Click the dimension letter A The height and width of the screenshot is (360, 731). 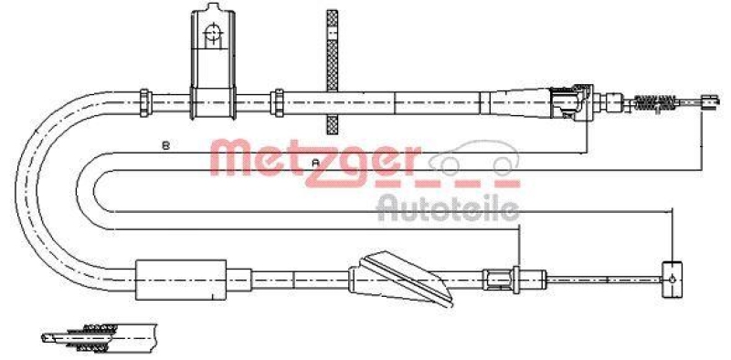tap(316, 162)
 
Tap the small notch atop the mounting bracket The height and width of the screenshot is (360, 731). tap(213, 10)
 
